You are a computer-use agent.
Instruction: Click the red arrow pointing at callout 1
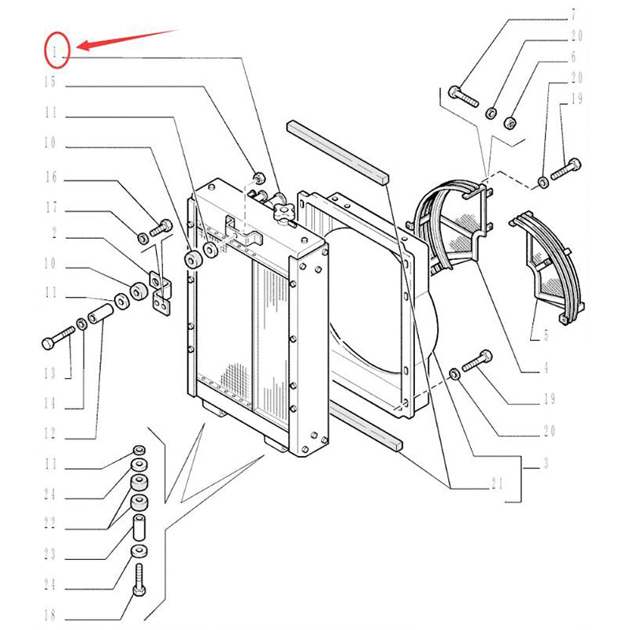pos(126,39)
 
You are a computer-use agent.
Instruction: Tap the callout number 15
pos(50,81)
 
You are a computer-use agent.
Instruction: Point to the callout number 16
pos(50,178)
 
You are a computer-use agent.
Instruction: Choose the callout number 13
pos(50,372)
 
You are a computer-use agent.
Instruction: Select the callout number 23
pos(50,554)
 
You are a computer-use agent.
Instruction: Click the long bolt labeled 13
pos(57,343)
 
